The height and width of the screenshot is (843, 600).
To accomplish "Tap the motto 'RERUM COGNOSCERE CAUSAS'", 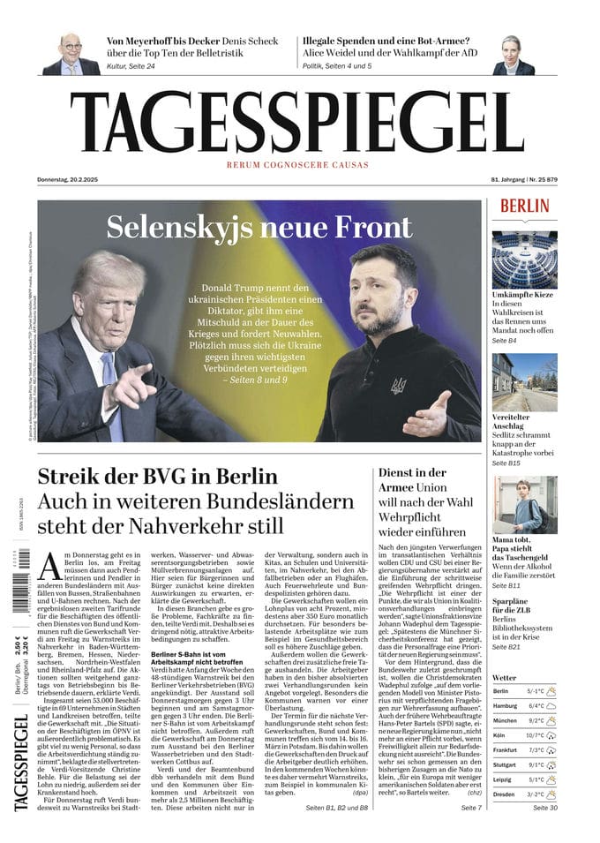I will [297, 165].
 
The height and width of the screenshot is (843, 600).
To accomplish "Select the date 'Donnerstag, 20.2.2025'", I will [68, 180].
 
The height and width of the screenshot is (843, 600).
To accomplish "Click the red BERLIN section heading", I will [524, 206].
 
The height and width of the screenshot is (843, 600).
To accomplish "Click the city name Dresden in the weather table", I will [506, 794].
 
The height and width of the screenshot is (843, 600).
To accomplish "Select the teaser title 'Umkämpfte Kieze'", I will [523, 292].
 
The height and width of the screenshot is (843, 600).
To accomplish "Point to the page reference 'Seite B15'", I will [506, 463].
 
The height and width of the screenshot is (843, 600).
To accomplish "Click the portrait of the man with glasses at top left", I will [71, 54].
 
